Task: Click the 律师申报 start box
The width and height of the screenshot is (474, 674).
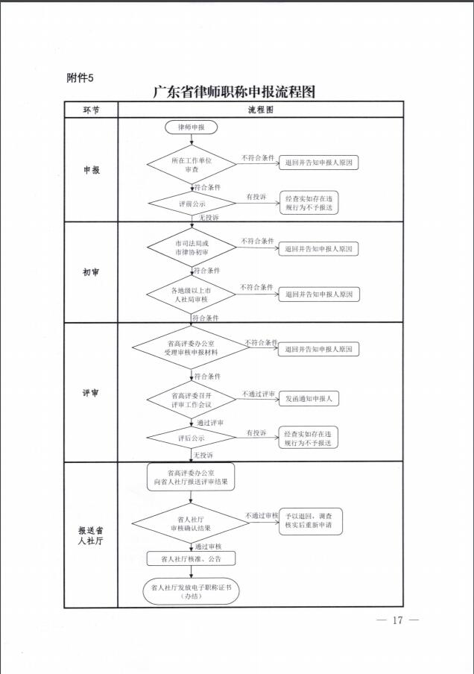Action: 192,127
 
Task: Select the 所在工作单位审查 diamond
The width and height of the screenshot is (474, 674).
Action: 192,165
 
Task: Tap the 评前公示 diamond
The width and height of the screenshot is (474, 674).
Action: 192,204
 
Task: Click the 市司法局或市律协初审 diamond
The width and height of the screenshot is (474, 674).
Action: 192,248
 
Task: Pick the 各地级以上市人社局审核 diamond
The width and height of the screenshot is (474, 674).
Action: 192,295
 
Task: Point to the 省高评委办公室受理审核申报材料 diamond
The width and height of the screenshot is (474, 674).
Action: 192,347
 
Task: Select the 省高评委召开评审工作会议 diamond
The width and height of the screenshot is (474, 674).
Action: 192,400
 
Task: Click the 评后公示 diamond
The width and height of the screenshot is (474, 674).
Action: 192,438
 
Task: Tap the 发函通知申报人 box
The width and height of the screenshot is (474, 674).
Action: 309,398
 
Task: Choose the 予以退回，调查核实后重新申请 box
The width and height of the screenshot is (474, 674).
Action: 311,521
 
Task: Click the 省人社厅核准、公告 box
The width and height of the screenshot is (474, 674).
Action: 192,558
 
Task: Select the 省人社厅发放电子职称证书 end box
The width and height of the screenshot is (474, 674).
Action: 191,591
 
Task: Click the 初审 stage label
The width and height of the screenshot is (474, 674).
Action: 91,272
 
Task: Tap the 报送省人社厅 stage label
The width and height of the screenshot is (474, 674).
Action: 90,535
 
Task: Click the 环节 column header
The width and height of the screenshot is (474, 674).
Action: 91,110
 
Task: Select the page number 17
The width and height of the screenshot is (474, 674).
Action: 397,620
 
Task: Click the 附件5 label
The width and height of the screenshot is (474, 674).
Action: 80,78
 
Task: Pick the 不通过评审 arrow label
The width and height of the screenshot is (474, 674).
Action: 259,394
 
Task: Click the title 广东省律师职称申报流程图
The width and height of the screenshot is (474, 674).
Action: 234,92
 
